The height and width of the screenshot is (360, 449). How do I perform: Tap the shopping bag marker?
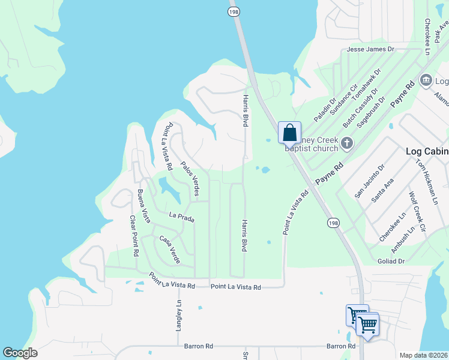[x=289, y=133]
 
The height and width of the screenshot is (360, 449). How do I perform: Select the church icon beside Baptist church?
[x=346, y=143]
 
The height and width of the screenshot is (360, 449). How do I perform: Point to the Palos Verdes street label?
[x=190, y=179]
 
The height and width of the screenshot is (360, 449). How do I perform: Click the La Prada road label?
[x=182, y=217]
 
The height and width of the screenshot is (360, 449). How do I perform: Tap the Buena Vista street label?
[x=143, y=207]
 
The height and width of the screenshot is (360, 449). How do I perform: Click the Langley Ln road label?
[x=179, y=314]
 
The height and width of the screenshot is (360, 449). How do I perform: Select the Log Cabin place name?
[x=427, y=151]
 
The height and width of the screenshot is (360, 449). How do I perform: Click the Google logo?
[x=20, y=353]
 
